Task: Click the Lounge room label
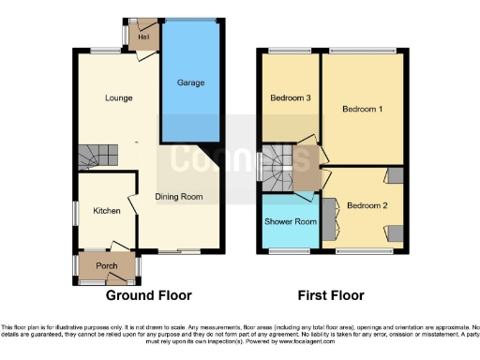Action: click(x=118, y=98)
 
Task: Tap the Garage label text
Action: click(x=191, y=82)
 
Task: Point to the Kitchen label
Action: click(x=106, y=212)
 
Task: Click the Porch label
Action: click(x=106, y=266)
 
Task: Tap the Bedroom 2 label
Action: click(x=367, y=205)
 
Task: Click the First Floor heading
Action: click(x=331, y=295)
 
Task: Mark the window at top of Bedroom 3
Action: click(x=287, y=51)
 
